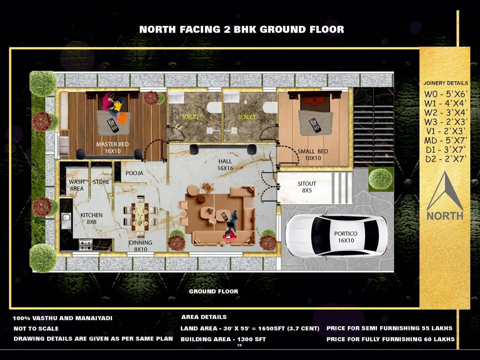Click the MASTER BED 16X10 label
pyautogui.click(x=112, y=148)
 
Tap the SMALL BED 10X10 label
pyautogui.click(x=313, y=155)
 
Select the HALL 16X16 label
pyautogui.click(x=225, y=165)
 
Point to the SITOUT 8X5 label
pyautogui.click(x=307, y=187)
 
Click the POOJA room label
pyautogui.click(x=134, y=173)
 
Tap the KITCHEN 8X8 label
pyautogui.click(x=91, y=218)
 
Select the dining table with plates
pyautogui.click(x=140, y=217)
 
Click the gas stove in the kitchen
pyautogui.click(x=85, y=245)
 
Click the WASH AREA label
pyautogui.click(x=76, y=185)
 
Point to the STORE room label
pyautogui.click(x=101, y=182)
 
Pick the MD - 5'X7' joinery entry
pyautogui.click(x=445, y=140)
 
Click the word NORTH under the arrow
pyautogui.click(x=445, y=216)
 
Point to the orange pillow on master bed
pyautogui.click(x=123, y=118)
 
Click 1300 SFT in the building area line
pyautogui.click(x=251, y=339)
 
